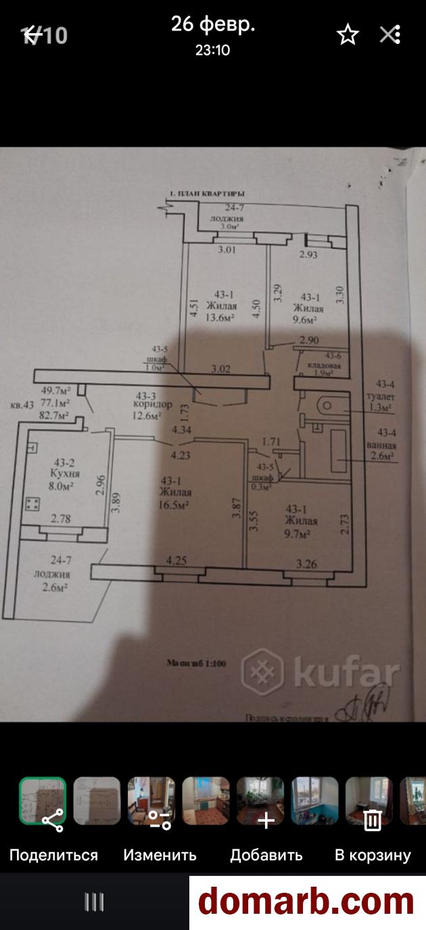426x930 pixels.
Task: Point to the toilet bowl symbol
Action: coord(326,406)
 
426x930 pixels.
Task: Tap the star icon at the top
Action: coord(348,34)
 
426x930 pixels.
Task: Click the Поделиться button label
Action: coord(53,855)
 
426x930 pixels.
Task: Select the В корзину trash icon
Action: coord(373,820)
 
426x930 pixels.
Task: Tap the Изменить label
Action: coord(160,855)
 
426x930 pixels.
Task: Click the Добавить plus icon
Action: coord(266,820)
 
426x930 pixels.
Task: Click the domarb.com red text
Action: coord(306,902)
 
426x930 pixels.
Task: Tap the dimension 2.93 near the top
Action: coord(309,255)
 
